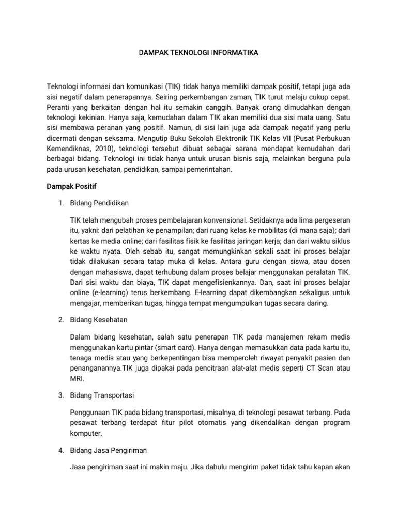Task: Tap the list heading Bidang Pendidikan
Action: (x=100, y=203)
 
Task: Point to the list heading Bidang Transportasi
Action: (x=102, y=395)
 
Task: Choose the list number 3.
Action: (x=59, y=395)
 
